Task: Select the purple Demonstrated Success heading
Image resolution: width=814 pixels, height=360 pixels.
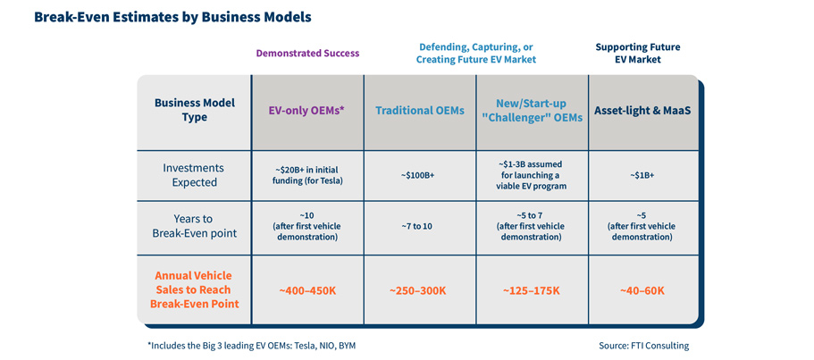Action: coord(307,53)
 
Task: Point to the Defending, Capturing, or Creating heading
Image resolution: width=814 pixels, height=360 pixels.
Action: coord(475,53)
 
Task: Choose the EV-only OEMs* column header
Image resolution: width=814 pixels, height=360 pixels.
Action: coord(307,112)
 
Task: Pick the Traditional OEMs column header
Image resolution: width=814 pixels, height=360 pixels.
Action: coord(420,112)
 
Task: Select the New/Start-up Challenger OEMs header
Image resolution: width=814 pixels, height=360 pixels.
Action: coord(532,112)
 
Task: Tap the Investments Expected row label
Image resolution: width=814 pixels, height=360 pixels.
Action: coord(195,175)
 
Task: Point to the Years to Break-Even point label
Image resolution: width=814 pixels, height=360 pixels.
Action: coord(195,227)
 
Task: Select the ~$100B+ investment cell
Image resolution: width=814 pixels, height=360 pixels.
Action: coord(420,176)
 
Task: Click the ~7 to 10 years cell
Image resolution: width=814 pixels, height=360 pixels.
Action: coord(420,227)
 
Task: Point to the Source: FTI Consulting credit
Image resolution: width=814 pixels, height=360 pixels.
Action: coord(644,345)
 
